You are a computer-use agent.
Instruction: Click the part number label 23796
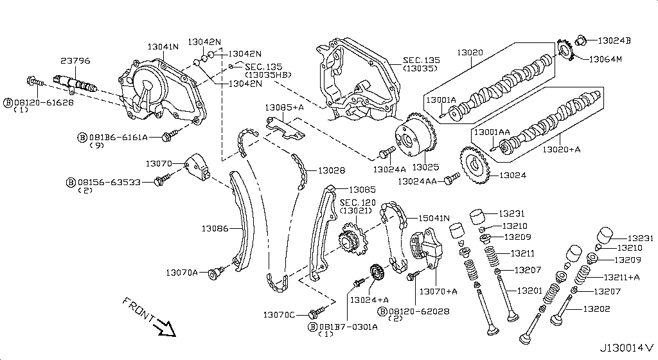pos(75,61)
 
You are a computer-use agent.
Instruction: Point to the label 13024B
pos(614,40)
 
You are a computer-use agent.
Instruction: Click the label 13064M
pos(605,60)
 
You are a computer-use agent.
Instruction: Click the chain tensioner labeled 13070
pos(195,167)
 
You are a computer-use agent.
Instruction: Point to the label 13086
pos(215,228)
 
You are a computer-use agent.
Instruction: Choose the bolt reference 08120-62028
pos(418,311)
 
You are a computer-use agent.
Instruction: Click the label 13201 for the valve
pos(529,291)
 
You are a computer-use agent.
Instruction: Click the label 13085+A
pos(286,107)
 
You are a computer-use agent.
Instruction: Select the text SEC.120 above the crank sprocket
pos(358,203)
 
